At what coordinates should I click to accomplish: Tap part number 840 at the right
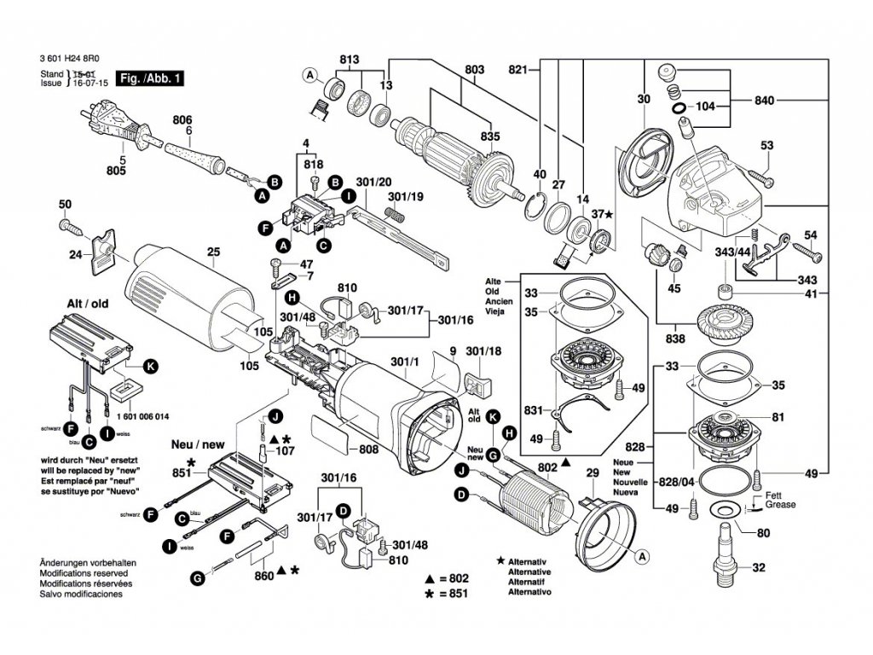(764, 101)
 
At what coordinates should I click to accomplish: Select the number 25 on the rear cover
(213, 252)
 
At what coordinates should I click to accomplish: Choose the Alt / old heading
(88, 303)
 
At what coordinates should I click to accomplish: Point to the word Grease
(780, 504)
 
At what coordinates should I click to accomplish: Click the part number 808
(368, 449)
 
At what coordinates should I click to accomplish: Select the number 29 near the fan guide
(593, 472)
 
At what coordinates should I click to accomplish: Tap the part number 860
(264, 577)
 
